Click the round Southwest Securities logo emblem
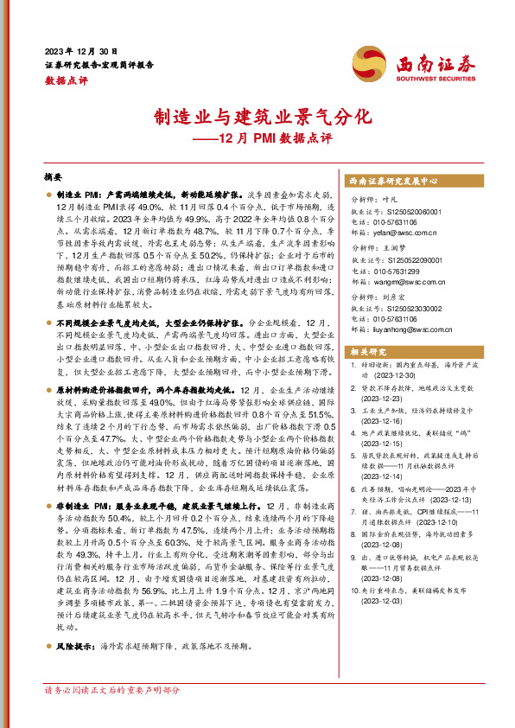click(374, 62)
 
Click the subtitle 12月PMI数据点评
click(257, 138)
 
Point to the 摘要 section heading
click(54, 174)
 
